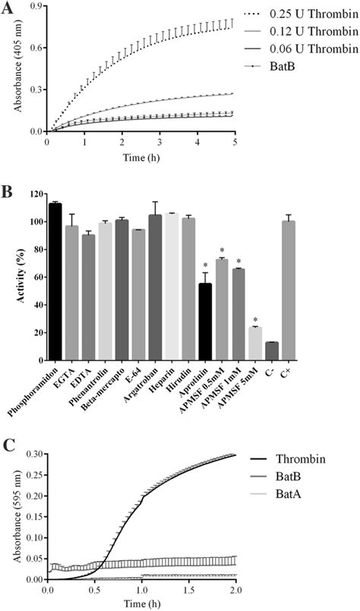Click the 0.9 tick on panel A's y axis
pyautogui.click(x=36, y=7)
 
